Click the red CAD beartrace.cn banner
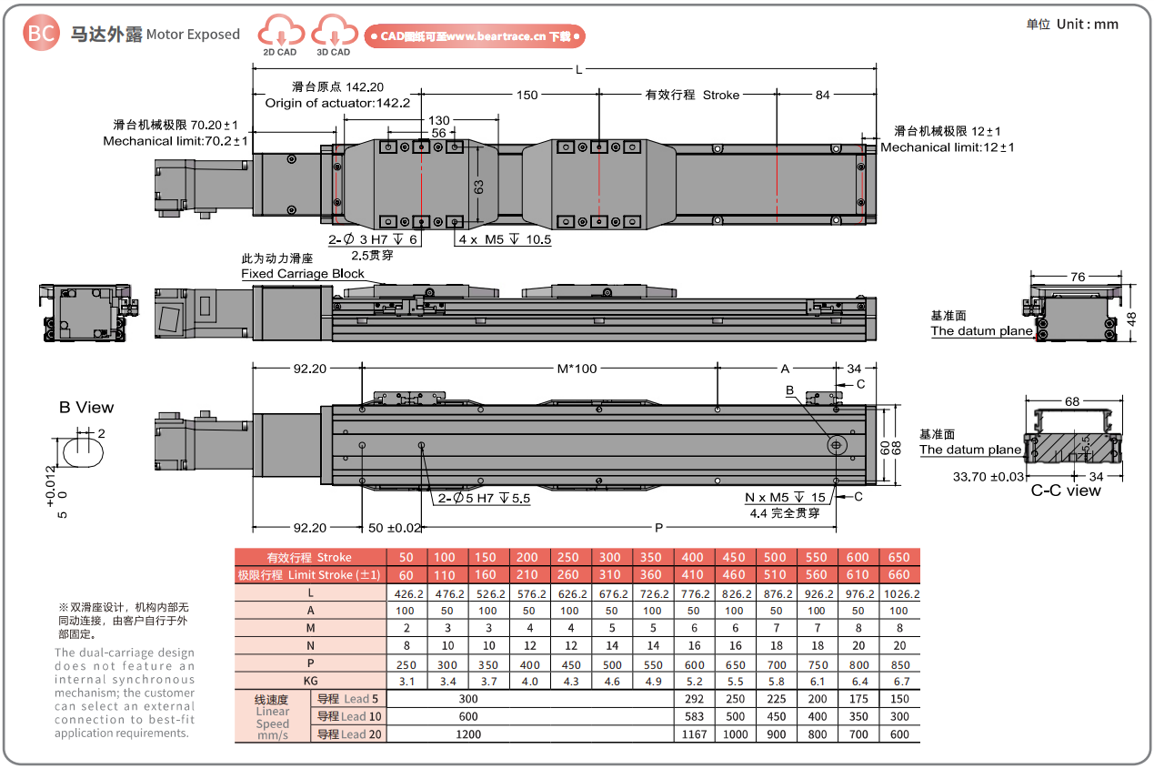pyautogui.click(x=474, y=36)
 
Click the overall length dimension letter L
pyautogui.click(x=579, y=69)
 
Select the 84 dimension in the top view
pyautogui.click(x=822, y=94)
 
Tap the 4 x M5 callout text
pyautogui.click(x=503, y=240)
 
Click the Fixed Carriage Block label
pyautogui.click(x=303, y=273)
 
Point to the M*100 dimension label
pyautogui.click(x=577, y=369)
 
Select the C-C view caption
pyautogui.click(x=1065, y=491)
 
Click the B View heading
pyautogui.click(x=86, y=407)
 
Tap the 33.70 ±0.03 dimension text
pyautogui.click(x=988, y=476)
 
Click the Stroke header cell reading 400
pyautogui.click(x=694, y=557)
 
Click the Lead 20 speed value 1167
pyautogui.click(x=694, y=734)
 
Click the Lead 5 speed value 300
pyautogui.click(x=468, y=699)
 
